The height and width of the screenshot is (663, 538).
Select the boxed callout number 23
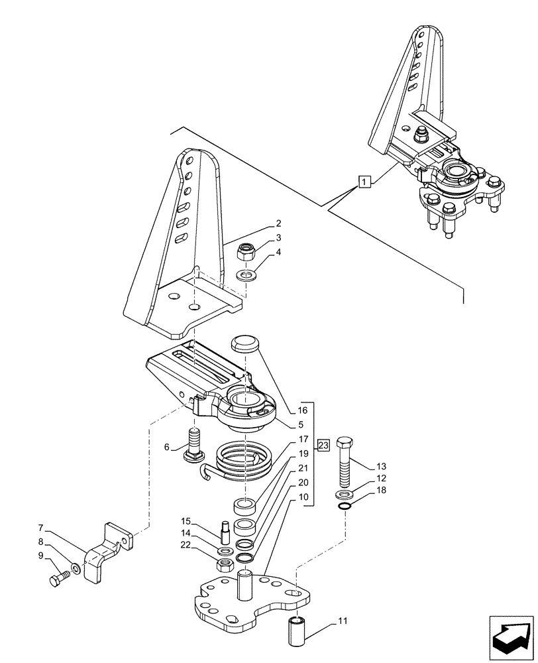[323, 444]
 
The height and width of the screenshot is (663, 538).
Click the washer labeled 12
[344, 495]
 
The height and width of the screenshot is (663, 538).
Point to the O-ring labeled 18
[343, 508]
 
